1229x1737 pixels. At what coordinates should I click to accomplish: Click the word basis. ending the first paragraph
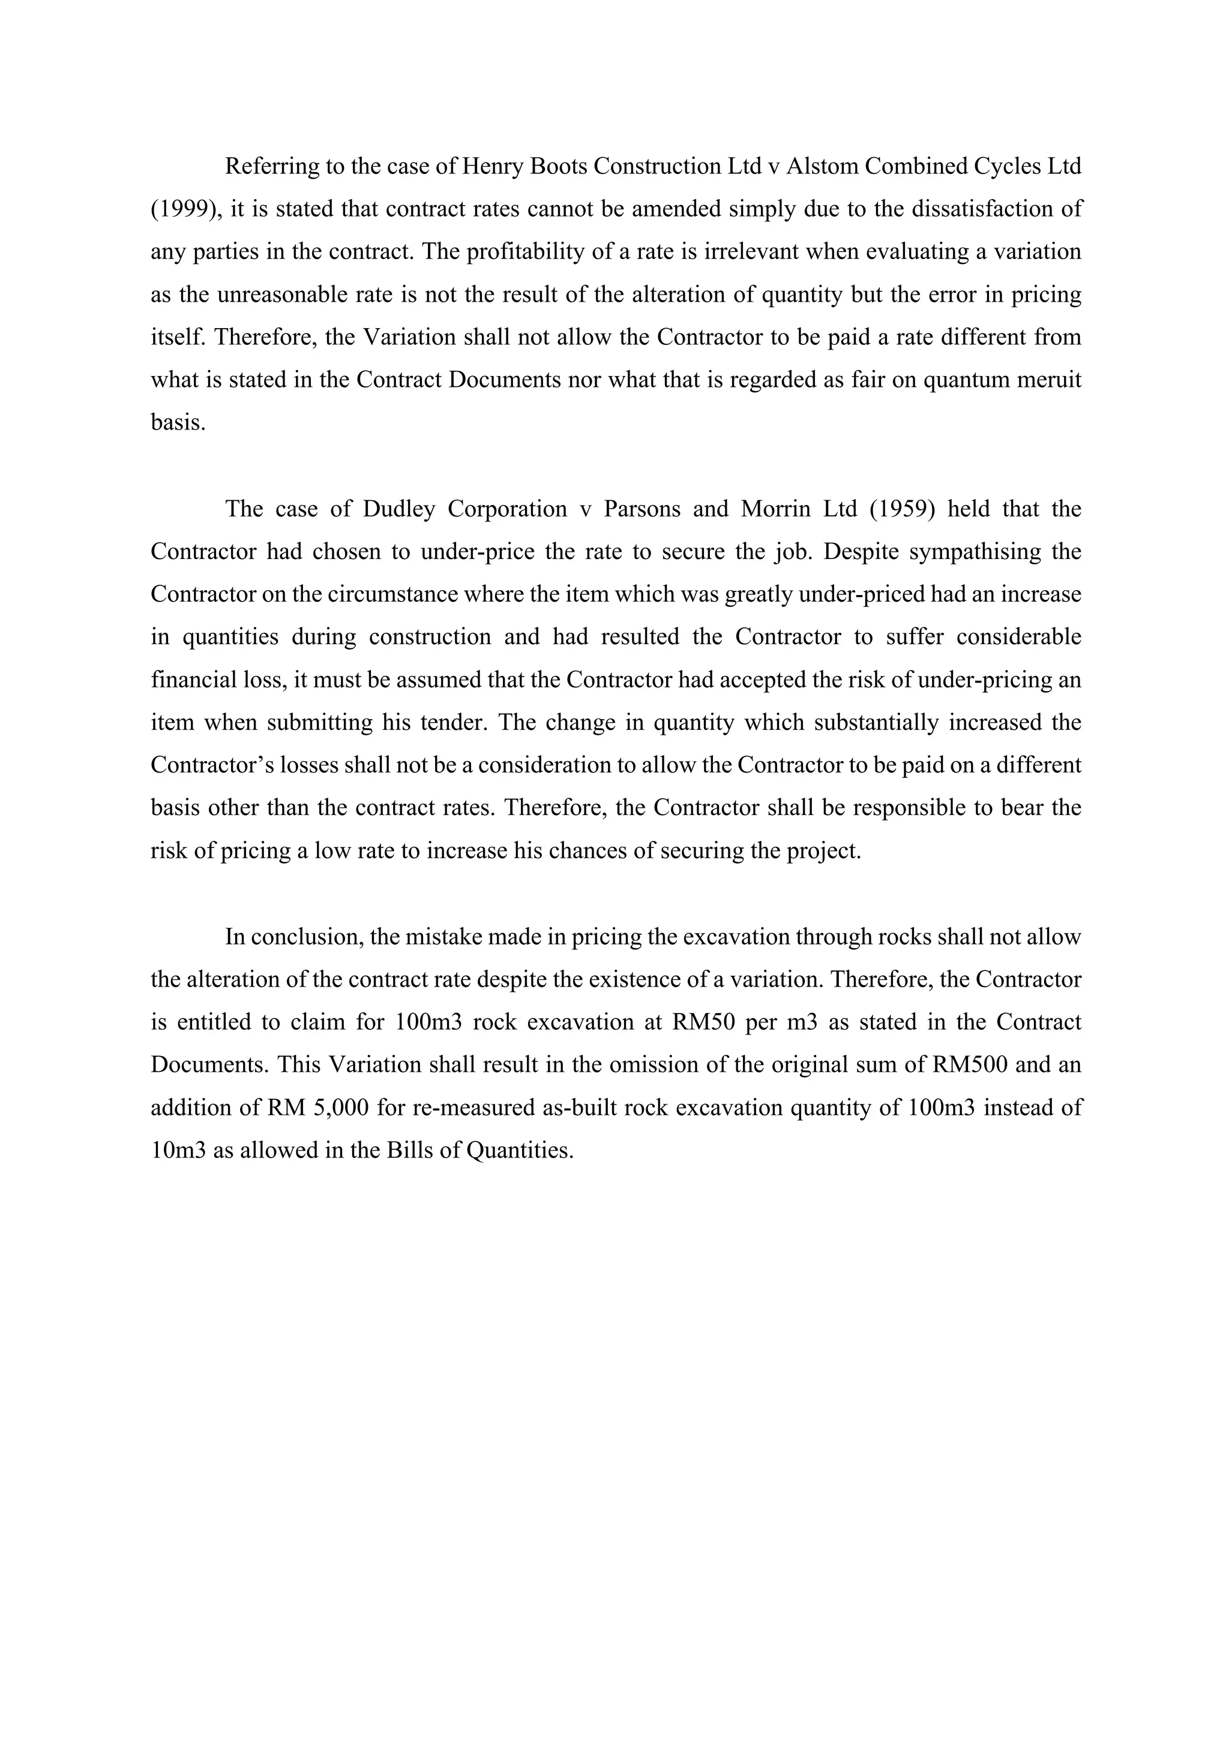pos(179,422)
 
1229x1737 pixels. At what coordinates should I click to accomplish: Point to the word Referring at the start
pos(272,166)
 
